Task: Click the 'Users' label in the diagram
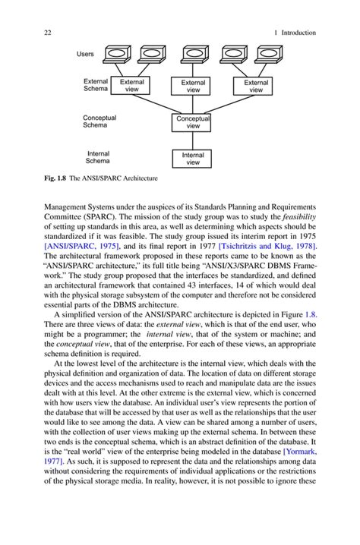86,54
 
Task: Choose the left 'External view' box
131,86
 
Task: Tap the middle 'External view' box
193,86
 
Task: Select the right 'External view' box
256,86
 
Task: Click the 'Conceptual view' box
193,122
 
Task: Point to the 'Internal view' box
193,158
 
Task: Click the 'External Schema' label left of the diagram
96,85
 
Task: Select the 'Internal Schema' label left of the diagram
97,157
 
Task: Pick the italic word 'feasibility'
296,216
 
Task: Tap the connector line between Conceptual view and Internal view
193,140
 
